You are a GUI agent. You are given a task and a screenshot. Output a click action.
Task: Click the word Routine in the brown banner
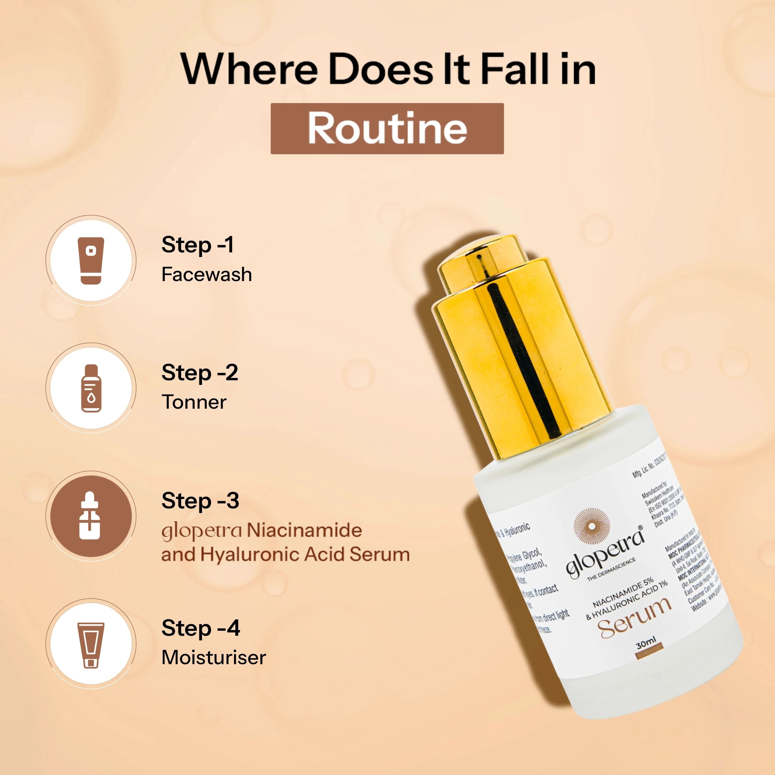pyautogui.click(x=387, y=128)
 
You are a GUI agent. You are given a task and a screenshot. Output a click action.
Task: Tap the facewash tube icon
pyautogui.click(x=91, y=261)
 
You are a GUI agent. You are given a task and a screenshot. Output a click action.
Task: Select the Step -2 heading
pyautogui.click(x=199, y=373)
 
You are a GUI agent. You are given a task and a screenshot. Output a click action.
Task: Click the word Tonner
pyautogui.click(x=194, y=402)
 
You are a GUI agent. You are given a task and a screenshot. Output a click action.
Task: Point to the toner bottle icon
pyautogui.click(x=91, y=388)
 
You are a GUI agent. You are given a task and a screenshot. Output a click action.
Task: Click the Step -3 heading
pyautogui.click(x=200, y=501)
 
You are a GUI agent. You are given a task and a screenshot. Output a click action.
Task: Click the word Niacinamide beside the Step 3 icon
pyautogui.click(x=304, y=530)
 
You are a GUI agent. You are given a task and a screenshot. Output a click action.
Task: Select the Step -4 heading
pyautogui.click(x=200, y=628)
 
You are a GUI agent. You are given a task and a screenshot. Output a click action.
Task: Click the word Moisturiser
pyautogui.click(x=213, y=658)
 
